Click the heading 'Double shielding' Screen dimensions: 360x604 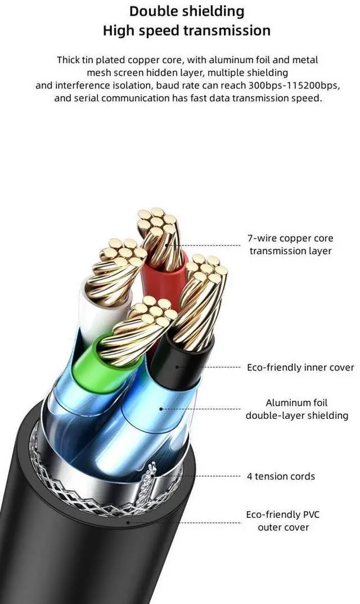[x=187, y=11]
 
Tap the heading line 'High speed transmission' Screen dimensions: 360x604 [x=187, y=30]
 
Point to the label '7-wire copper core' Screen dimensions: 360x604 [x=290, y=238]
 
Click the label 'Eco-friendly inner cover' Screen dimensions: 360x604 [x=300, y=368]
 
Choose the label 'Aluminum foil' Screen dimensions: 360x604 [x=296, y=402]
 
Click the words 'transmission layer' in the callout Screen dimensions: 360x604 [x=290, y=251]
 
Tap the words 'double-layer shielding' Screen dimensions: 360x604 [x=296, y=415]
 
